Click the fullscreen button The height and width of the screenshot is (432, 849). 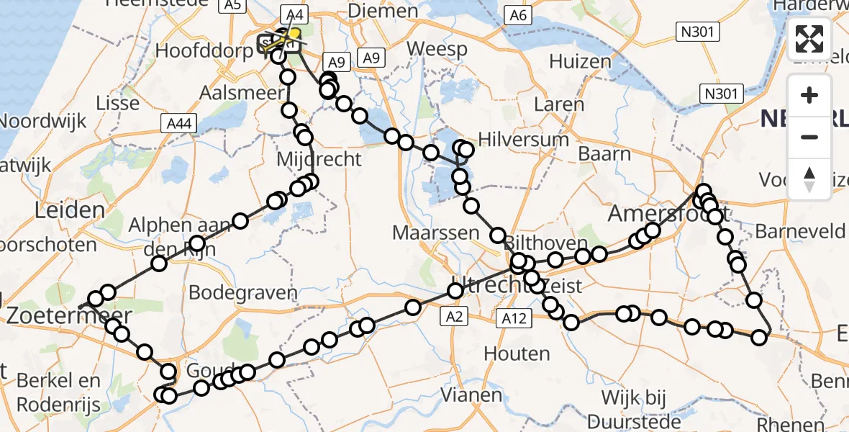tap(809, 39)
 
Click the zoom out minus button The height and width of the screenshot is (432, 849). tap(809, 137)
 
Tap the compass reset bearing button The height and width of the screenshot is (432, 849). tap(809, 179)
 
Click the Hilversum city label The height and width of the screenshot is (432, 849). tap(517, 139)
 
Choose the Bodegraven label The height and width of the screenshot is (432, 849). tap(242, 293)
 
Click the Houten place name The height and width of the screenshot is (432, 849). tap(517, 354)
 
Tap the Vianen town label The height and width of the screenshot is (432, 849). tap(471, 395)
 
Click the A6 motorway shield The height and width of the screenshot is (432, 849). tap(518, 16)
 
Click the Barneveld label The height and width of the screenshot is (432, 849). tap(799, 231)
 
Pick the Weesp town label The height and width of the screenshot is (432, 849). tap(437, 50)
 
